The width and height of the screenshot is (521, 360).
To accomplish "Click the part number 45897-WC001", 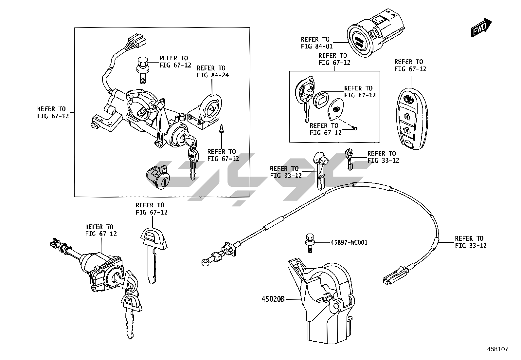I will tap(349, 243).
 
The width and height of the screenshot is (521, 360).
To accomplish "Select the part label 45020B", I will tap(273, 299).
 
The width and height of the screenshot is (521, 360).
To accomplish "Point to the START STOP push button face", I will tap(359, 43).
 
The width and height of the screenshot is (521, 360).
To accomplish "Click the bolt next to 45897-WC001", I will tap(308, 243).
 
